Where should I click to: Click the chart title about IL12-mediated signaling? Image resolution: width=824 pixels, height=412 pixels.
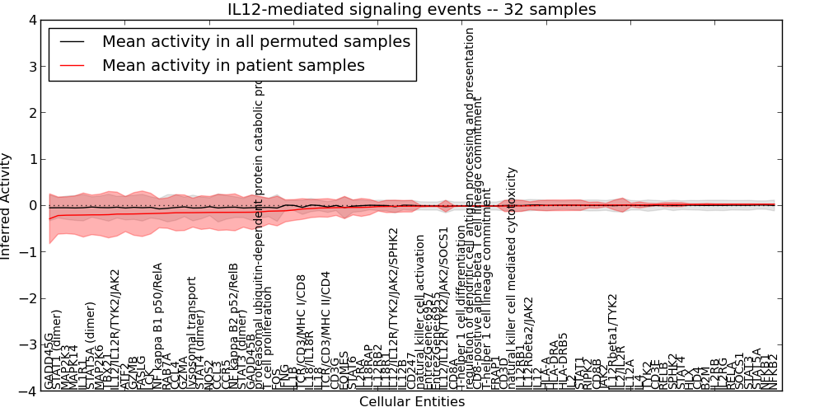[412, 9]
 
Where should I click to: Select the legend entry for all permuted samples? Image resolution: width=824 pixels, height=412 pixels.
[255, 41]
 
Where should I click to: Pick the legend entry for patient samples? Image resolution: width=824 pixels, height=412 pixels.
[233, 65]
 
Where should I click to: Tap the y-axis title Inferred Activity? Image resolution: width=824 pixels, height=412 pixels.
[7, 205]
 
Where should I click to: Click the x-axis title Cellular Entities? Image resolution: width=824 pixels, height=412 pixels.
[412, 402]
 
